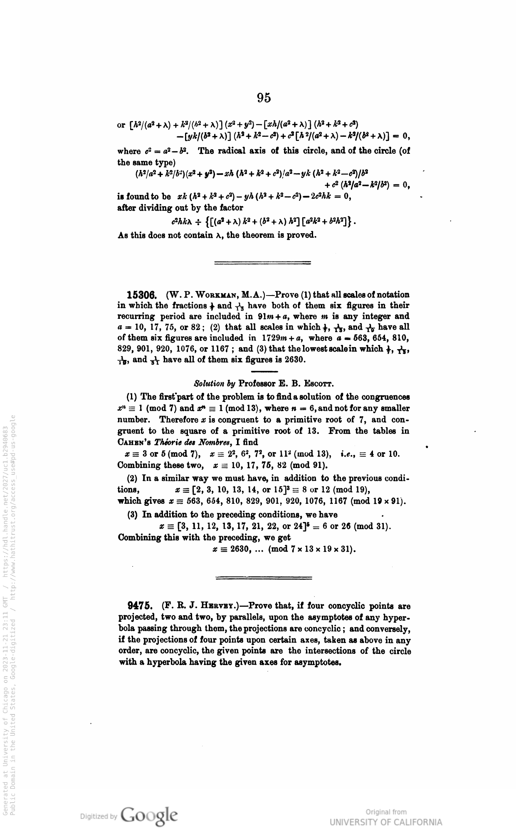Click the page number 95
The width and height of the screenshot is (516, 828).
(x=264, y=98)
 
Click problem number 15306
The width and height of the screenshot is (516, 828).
(x=141, y=295)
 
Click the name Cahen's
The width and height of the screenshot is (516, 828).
(x=136, y=442)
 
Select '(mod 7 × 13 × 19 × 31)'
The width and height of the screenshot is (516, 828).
(x=312, y=550)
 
